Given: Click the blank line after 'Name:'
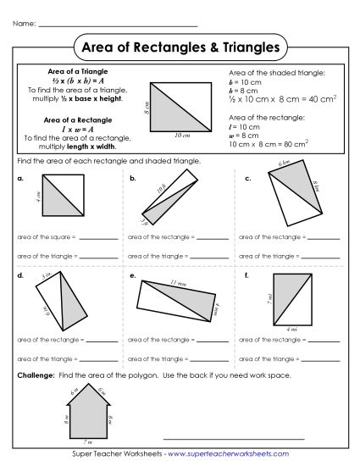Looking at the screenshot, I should (119, 25).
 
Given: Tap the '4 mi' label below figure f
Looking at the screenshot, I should (292, 329).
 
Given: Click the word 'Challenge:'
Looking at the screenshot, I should (33, 374).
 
